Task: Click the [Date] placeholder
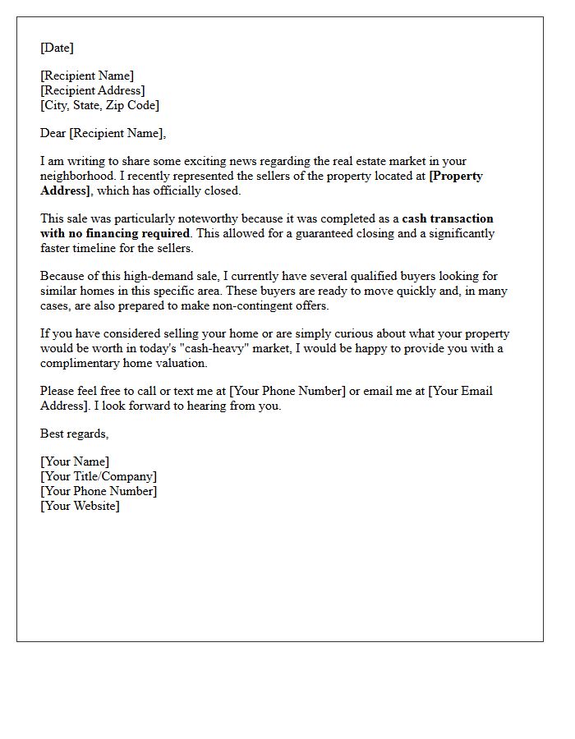coord(57,48)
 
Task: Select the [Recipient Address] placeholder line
coord(93,90)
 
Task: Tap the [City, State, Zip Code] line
coord(100,105)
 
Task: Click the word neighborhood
coord(73,176)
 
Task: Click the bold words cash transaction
coord(448,218)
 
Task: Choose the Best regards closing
coord(74,434)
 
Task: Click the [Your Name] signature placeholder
coord(75,461)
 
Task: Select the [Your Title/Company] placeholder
coord(99,476)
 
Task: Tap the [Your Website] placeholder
coord(80,506)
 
